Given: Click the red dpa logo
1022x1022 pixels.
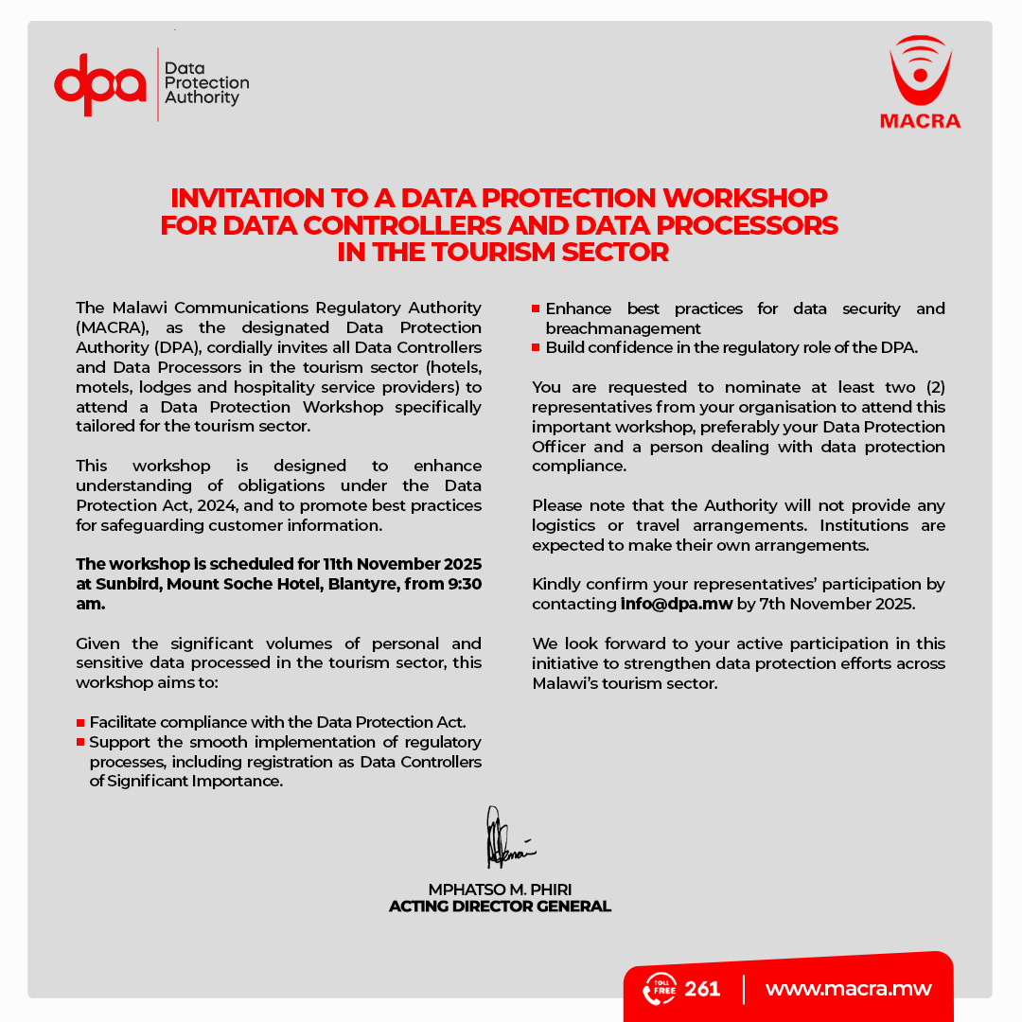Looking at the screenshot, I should click(x=100, y=84).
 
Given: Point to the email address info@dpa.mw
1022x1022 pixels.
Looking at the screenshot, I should click(x=676, y=604).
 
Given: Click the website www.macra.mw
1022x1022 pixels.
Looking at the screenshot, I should click(x=848, y=989).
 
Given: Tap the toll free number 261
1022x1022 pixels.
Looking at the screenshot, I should click(x=702, y=989).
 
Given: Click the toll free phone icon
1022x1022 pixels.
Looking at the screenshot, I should click(x=659, y=989).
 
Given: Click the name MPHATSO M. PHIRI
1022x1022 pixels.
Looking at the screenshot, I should click(x=500, y=890).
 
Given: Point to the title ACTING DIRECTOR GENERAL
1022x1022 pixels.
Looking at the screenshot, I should click(x=500, y=907).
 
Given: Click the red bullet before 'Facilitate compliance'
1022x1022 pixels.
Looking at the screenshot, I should click(x=80, y=723).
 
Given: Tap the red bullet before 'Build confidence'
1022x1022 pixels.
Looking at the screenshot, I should click(x=537, y=348).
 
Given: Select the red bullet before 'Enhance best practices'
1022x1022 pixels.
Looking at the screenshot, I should click(x=537, y=309).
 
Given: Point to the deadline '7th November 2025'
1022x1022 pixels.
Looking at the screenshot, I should click(x=824, y=604).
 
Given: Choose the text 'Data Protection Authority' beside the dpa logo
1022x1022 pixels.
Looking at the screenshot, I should click(x=206, y=83).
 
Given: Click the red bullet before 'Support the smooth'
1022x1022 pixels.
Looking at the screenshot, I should click(x=80, y=743).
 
